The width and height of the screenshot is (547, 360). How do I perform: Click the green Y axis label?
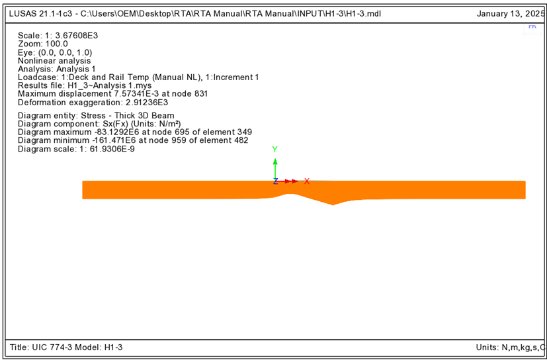click(x=275, y=150)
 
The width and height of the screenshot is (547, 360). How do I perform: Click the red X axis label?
click(x=307, y=181)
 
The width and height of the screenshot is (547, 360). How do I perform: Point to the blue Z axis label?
click(x=275, y=181)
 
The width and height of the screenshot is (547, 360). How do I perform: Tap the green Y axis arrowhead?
click(x=275, y=161)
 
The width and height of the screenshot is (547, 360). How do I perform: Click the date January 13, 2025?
click(x=511, y=14)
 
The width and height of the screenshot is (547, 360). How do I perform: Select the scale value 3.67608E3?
click(x=77, y=35)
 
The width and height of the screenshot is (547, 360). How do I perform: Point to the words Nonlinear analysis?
click(x=54, y=60)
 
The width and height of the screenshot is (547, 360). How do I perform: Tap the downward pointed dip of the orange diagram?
click(x=333, y=204)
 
